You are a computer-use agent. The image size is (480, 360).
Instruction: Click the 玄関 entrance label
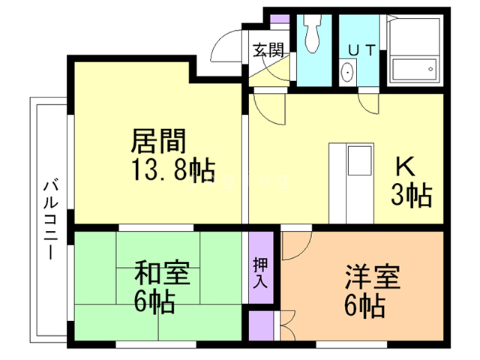pyautogui.click(x=268, y=51)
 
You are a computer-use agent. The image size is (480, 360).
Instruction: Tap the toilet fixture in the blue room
pyautogui.click(x=313, y=33)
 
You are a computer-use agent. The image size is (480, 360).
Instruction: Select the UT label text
pyautogui.click(x=362, y=49)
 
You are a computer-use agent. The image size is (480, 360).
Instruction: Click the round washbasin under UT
pyautogui.click(x=348, y=73)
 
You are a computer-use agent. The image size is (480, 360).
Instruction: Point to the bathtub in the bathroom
pyautogui.click(x=411, y=70)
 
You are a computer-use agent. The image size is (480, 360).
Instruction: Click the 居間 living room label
pyautogui.click(x=158, y=140)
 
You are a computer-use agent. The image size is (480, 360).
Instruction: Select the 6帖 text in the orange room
pyautogui.click(x=366, y=305)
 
